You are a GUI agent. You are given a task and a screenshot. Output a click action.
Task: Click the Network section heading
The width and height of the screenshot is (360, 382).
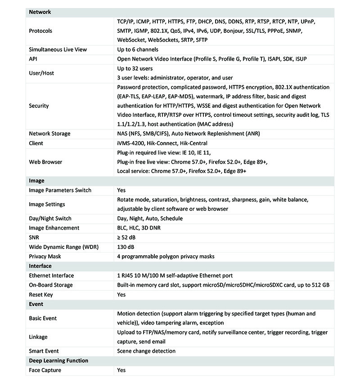pyautogui.click(x=40, y=12)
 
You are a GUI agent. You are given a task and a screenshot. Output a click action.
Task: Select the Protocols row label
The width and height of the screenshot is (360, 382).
pyautogui.click(x=40, y=31)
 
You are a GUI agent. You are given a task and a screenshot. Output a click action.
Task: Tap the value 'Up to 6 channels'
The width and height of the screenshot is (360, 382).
pyautogui.click(x=138, y=49)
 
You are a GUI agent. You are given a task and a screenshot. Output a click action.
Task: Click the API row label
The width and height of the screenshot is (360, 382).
pyautogui.click(x=33, y=59)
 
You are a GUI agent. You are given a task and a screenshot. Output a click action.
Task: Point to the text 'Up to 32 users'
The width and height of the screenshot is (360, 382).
pyautogui.click(x=135, y=69)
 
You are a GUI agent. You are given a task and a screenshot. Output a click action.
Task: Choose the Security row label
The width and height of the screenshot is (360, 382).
pyautogui.click(x=39, y=106)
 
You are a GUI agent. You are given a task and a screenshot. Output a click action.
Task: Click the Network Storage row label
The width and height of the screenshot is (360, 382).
pyautogui.click(x=49, y=133)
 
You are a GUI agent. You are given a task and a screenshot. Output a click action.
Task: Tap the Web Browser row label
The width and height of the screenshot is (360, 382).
pyautogui.click(x=45, y=162)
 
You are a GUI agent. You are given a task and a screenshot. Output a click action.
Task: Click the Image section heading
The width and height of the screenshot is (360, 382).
pyautogui.click(x=37, y=181)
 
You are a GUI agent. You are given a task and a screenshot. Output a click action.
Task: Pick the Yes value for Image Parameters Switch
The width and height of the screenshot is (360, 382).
pyautogui.click(x=121, y=190)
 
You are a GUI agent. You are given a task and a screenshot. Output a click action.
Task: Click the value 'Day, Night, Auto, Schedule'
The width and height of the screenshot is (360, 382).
pyautogui.click(x=150, y=218)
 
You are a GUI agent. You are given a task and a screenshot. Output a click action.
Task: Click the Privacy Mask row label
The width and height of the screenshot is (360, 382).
pyautogui.click(x=45, y=256)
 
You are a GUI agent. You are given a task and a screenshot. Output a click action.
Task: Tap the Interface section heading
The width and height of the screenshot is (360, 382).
pyautogui.click(x=40, y=266)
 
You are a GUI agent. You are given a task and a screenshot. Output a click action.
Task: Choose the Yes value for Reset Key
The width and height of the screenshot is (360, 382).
pyautogui.click(x=121, y=294)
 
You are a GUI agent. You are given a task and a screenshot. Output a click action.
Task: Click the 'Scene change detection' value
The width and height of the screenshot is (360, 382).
pyautogui.click(x=146, y=351)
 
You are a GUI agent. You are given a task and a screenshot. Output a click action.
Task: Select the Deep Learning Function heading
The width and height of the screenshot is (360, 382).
pyautogui.click(x=58, y=360)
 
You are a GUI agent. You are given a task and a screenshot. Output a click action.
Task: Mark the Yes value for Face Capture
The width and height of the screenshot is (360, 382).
pyautogui.click(x=121, y=370)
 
